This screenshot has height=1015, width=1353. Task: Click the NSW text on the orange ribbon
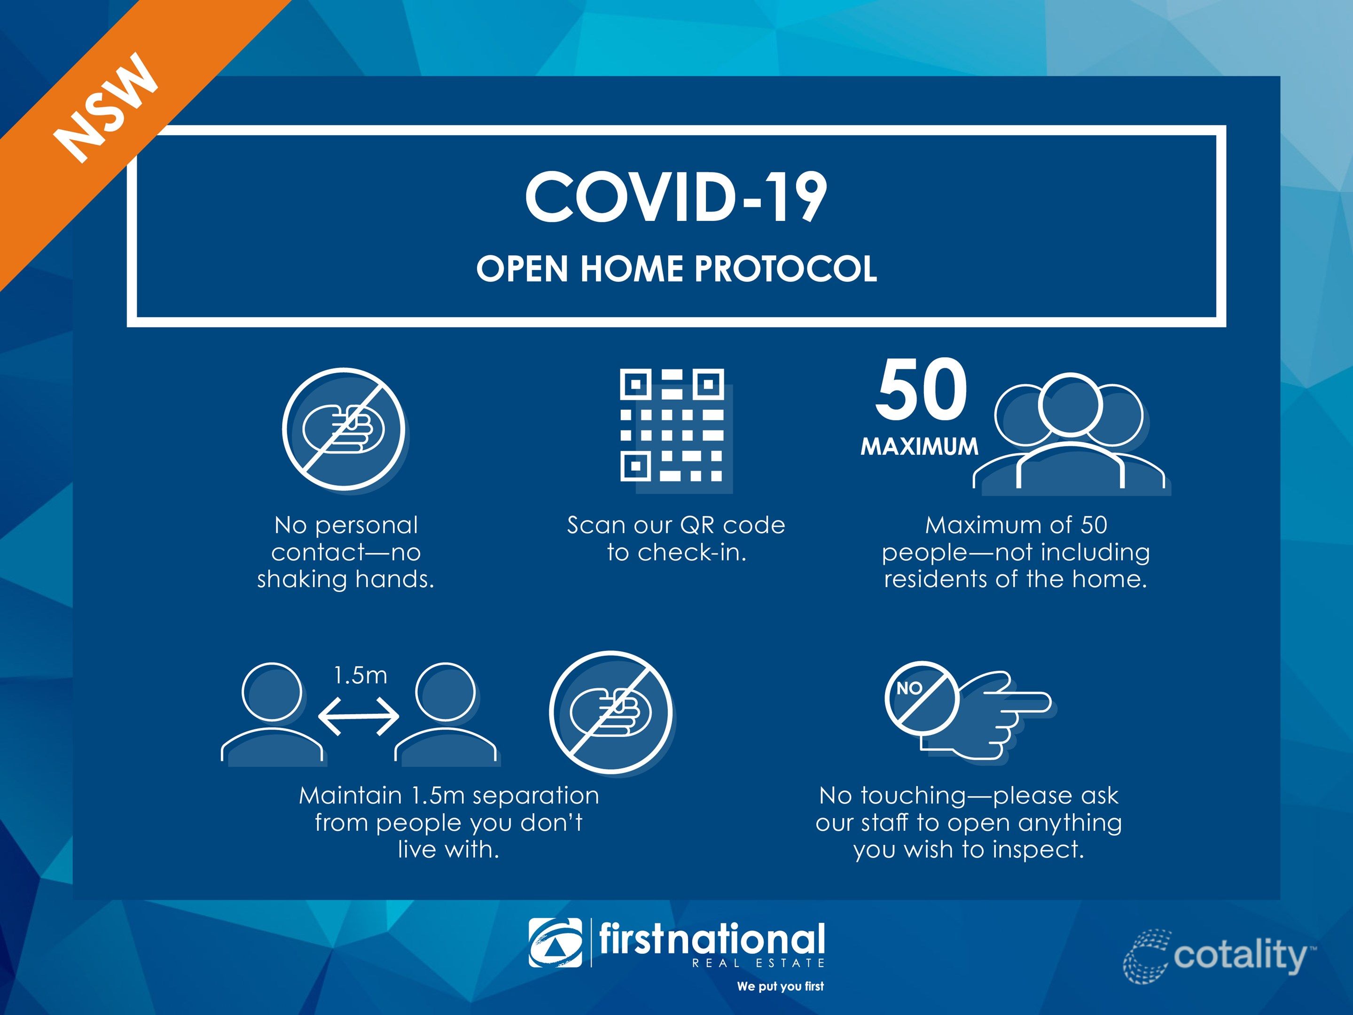click(x=106, y=108)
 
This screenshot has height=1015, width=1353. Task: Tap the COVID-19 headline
click(x=676, y=197)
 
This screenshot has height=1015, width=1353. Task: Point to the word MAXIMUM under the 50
click(x=919, y=446)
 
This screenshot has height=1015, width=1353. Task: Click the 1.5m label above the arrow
click(x=360, y=675)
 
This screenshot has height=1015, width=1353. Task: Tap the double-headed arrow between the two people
click(x=359, y=716)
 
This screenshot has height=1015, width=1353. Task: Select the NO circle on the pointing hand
click(x=921, y=698)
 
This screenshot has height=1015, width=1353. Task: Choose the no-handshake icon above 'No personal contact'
click(x=343, y=429)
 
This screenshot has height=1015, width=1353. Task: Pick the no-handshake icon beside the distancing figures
click(x=610, y=712)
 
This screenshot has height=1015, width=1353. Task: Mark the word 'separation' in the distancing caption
click(x=536, y=796)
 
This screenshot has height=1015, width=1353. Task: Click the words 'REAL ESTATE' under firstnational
click(x=759, y=963)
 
